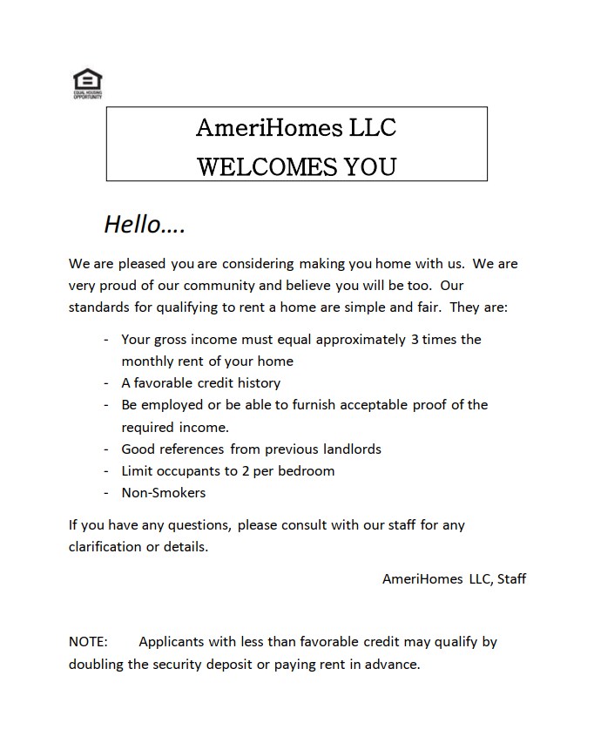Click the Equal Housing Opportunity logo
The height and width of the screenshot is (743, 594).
86,83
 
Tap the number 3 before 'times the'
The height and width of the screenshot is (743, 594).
414,339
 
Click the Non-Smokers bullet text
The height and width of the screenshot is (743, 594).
164,492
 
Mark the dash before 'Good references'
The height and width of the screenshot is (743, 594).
106,449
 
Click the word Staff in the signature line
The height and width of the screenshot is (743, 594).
511,578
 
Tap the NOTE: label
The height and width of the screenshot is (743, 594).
88,642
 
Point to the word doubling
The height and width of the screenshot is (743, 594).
98,664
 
